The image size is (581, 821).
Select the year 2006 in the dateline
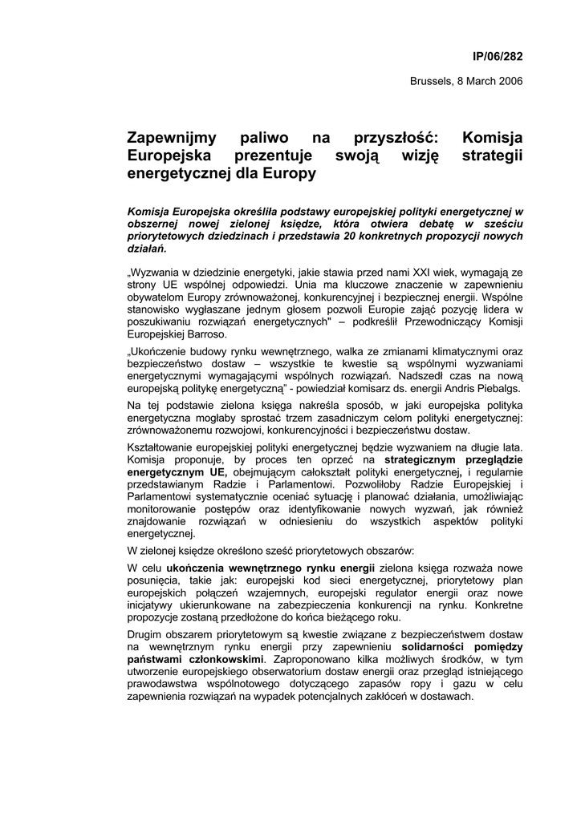click(x=508, y=81)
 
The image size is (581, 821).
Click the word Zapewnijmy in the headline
click(x=171, y=139)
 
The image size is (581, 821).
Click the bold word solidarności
click(x=439, y=645)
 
